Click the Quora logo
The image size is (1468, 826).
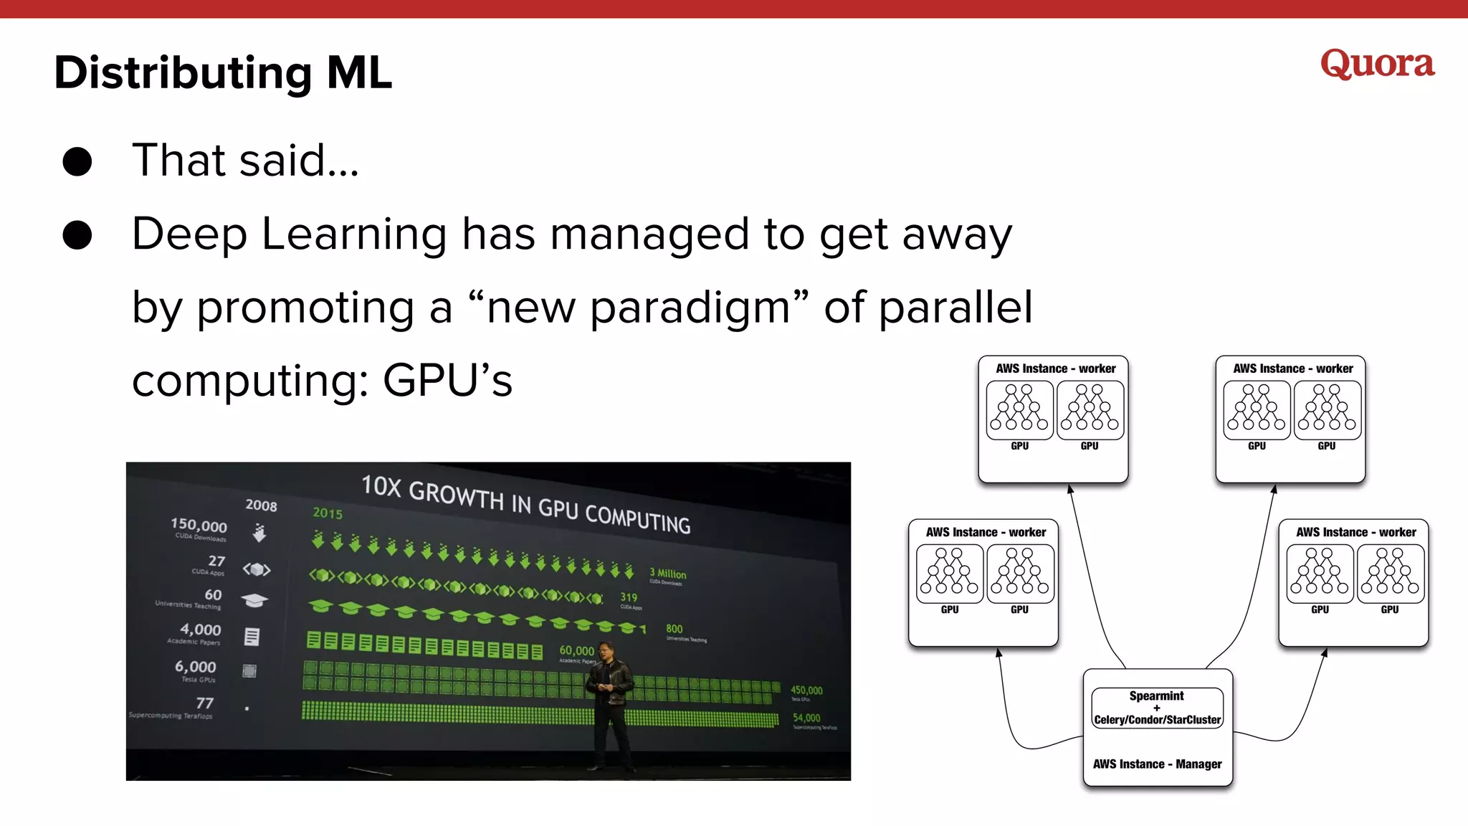1377,64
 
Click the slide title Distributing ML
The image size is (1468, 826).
223,73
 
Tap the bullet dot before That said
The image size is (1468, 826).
77,161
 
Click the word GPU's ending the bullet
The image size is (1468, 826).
447,381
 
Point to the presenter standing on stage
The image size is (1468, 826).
610,703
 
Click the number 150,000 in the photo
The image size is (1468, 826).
199,526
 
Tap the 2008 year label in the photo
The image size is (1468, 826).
261,505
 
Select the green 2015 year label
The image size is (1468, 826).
328,513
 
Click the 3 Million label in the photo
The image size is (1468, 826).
667,574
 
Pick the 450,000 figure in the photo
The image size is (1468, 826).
806,690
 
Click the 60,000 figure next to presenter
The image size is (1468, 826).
576,650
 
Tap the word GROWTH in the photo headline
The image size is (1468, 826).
456,495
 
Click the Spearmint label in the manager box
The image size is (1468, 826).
1156,696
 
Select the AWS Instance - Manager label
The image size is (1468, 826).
1157,764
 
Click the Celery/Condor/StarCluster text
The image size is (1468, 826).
1157,720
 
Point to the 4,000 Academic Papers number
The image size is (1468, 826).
201,630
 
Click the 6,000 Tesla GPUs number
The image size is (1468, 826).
196,667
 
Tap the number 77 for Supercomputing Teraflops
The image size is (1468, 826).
205,703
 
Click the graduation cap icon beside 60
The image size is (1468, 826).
254,600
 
